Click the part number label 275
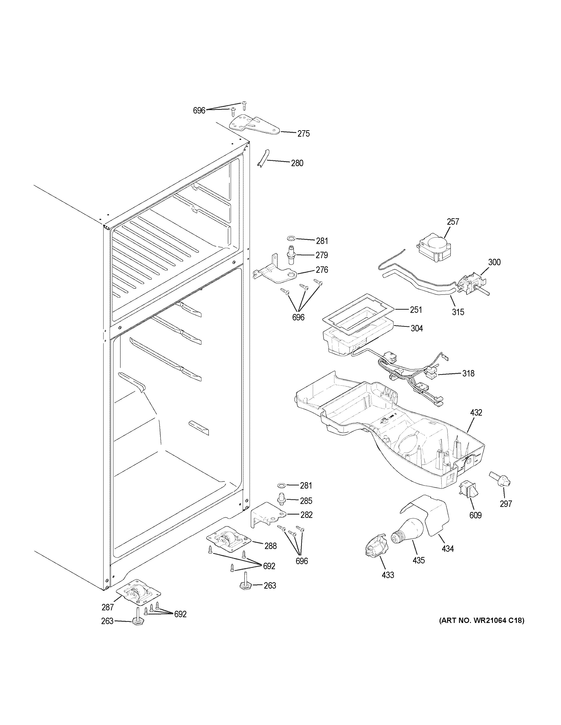pyautogui.click(x=303, y=134)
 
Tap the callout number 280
pyautogui.click(x=297, y=163)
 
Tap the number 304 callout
pyautogui.click(x=416, y=328)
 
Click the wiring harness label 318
pyautogui.click(x=468, y=373)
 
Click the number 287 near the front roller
pyautogui.click(x=108, y=607)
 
